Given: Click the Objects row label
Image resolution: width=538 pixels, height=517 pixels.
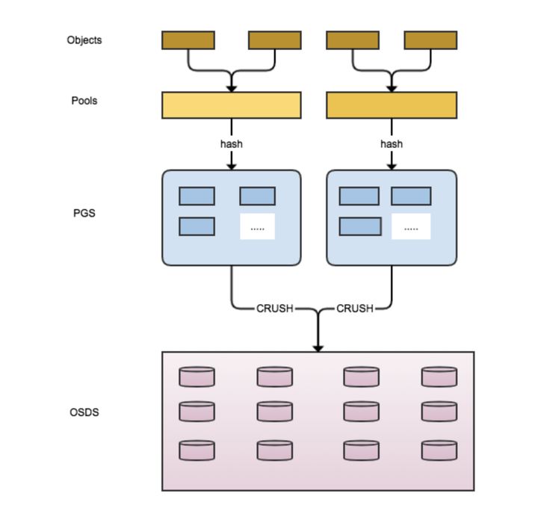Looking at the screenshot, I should (x=84, y=40).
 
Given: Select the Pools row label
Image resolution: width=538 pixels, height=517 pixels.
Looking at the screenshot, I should (x=84, y=101).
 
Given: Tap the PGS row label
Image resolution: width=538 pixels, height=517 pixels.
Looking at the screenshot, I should (x=84, y=213).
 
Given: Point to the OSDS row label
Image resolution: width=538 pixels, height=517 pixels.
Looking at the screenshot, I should (x=84, y=412).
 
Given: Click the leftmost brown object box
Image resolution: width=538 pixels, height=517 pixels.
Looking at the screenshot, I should (x=188, y=40).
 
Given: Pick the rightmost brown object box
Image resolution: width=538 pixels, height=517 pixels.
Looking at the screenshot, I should (x=430, y=40).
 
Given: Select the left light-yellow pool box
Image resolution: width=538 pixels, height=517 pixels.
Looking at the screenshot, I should (x=232, y=105).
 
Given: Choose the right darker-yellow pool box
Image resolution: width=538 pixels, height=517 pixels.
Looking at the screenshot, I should (x=392, y=105).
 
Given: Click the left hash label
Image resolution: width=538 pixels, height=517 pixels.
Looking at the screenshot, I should (x=232, y=143).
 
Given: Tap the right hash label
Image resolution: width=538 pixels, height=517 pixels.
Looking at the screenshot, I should (x=392, y=143).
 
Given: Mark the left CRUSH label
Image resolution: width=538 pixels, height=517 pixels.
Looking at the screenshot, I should (x=275, y=308).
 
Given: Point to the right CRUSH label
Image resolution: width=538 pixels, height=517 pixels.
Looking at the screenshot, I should (x=355, y=308).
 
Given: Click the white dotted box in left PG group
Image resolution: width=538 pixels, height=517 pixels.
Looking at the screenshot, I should (x=257, y=226).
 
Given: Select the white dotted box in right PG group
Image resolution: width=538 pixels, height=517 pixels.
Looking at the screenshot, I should (x=411, y=226).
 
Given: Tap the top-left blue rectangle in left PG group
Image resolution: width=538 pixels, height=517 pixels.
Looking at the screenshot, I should (x=197, y=196).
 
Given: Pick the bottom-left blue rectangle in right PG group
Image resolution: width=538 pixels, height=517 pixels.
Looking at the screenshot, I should (x=359, y=226).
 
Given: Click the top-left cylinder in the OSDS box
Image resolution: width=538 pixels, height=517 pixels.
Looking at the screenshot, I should (x=197, y=377).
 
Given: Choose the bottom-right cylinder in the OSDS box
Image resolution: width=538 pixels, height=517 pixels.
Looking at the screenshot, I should (x=439, y=450).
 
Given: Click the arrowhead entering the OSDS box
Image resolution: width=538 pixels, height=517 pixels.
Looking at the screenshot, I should (x=318, y=347).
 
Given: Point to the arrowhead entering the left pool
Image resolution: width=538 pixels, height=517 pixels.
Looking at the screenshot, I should (x=232, y=88).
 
